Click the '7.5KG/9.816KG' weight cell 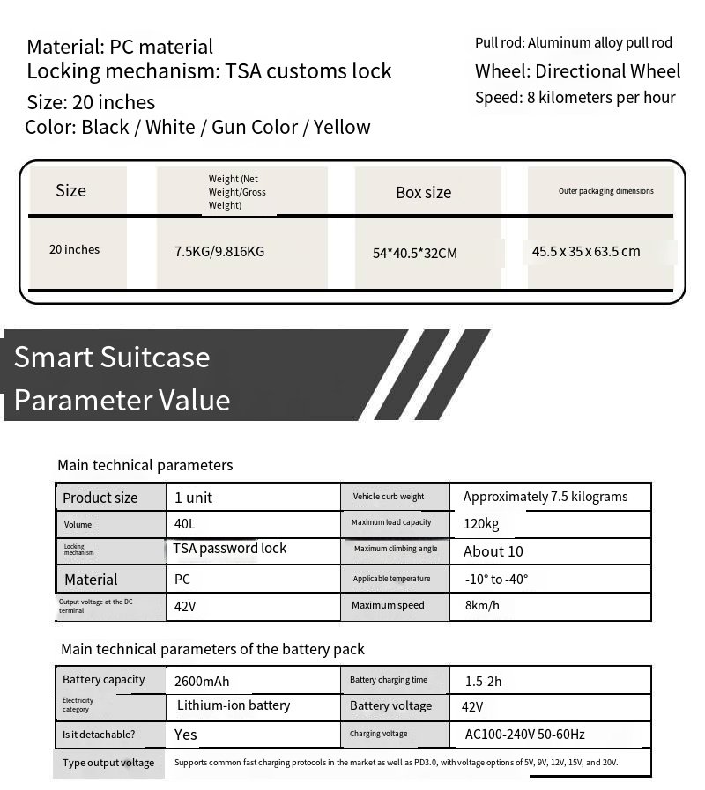pos(219,251)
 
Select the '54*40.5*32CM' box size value pos(415,253)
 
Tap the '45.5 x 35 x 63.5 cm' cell pos(586,251)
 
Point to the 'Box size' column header pos(423,192)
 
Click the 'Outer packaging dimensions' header pos(606,190)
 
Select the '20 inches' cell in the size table pos(75,249)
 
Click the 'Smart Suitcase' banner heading pos(112,357)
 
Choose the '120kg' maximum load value pos(481,523)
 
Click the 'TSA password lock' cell pos(230,548)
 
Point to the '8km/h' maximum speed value pos(481,605)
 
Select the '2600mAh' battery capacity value pos(202,681)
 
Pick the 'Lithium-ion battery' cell pos(234,705)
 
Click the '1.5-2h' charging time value pos(483,681)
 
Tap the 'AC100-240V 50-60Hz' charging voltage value pos(525,734)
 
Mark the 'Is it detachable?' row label pos(99,734)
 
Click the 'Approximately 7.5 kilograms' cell pos(545,497)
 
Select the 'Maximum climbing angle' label pos(396,549)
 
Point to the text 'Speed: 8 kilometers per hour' pos(575,98)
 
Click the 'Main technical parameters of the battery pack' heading pos(212,649)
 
